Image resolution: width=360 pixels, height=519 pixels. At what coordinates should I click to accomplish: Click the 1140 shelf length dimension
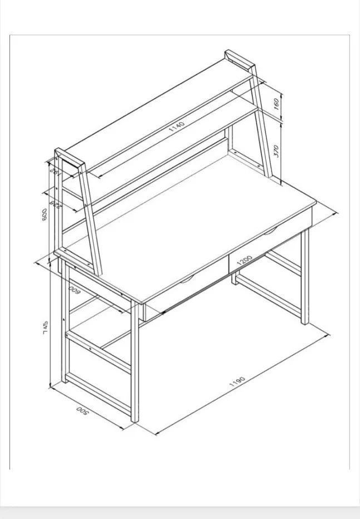coord(176,126)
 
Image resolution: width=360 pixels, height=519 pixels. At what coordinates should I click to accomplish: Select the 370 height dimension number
coord(277,151)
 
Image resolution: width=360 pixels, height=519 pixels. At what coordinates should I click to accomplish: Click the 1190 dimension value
coord(237,383)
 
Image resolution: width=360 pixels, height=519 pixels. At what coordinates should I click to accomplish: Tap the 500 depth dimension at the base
coord(82,411)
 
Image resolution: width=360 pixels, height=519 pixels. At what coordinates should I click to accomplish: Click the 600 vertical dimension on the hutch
coord(45,214)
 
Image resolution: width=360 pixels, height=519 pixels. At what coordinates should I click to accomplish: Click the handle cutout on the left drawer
coord(186,277)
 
